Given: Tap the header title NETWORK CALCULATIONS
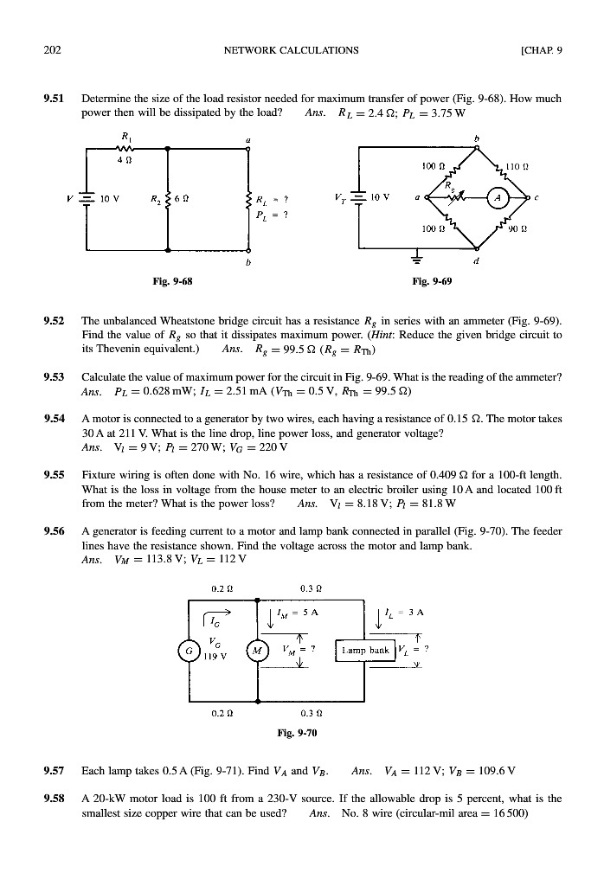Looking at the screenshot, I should click(x=291, y=50).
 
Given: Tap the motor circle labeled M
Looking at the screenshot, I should click(x=259, y=650).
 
